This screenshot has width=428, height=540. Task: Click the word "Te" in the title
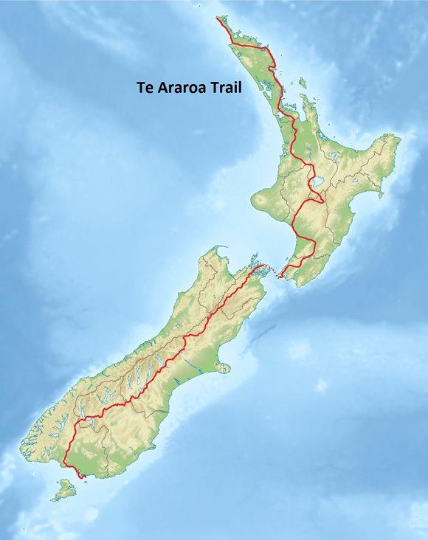click(145, 86)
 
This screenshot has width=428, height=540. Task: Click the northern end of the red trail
click(217, 17)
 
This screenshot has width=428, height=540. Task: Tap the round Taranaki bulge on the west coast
click(262, 199)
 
